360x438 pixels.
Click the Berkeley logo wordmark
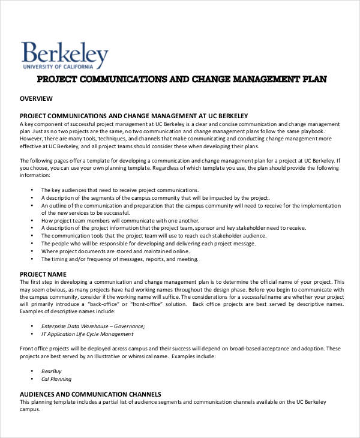pos(65,52)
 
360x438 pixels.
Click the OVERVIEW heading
pos(37,98)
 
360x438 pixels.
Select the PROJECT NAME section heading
pos(43,274)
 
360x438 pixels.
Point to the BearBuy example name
pos(52,371)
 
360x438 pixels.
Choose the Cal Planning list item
pos(56,379)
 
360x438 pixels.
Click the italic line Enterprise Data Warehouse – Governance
pos(93,326)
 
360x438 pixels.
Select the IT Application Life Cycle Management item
pos(88,334)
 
